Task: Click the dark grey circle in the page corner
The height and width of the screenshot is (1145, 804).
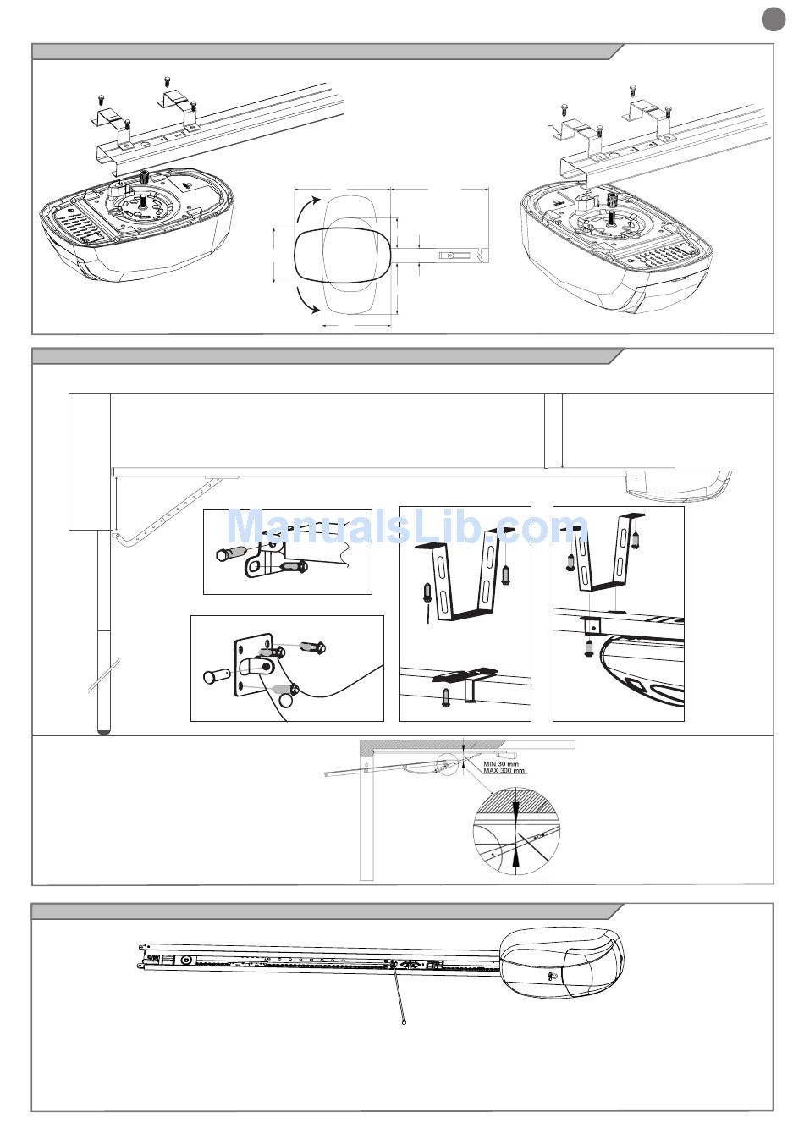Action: click(x=773, y=19)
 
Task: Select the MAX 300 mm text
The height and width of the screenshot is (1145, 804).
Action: click(x=504, y=771)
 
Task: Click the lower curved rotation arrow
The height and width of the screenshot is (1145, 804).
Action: click(x=306, y=299)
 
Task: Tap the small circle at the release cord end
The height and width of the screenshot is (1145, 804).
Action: click(x=405, y=1023)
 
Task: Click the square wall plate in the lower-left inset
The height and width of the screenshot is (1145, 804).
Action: click(x=254, y=665)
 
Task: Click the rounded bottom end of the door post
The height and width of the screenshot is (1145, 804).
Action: click(x=104, y=729)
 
